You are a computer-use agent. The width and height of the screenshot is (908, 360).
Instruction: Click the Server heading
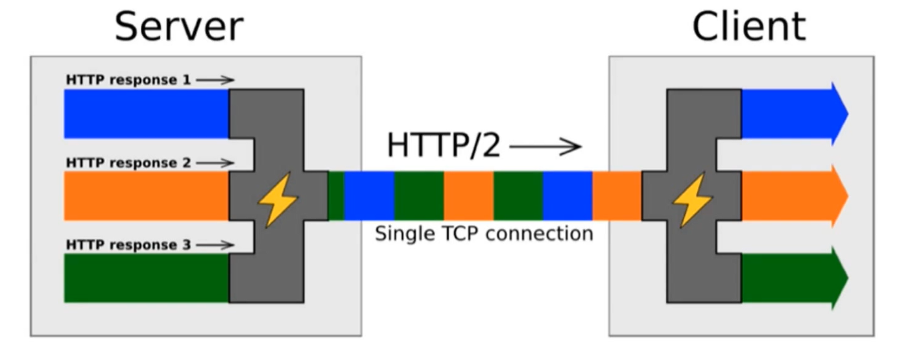point(178,27)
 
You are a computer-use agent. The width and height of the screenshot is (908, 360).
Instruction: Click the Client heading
point(748,27)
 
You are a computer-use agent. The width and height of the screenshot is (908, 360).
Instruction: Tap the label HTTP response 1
point(128,80)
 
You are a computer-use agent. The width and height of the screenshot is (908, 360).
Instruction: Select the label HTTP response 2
point(128,162)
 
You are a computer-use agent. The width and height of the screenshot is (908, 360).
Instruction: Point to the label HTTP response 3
point(128,245)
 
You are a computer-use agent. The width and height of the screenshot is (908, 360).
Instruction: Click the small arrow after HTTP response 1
point(215,80)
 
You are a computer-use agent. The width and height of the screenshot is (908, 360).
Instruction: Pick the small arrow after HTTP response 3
point(215,245)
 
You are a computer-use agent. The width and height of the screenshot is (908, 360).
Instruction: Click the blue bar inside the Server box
point(146,114)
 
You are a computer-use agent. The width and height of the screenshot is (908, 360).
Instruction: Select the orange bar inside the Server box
point(146,196)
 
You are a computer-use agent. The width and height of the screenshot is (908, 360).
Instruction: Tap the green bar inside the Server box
point(146,278)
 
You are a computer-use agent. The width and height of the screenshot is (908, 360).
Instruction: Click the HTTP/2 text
point(444,146)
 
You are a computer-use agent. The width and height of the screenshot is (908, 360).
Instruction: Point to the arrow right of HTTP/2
point(545,147)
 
